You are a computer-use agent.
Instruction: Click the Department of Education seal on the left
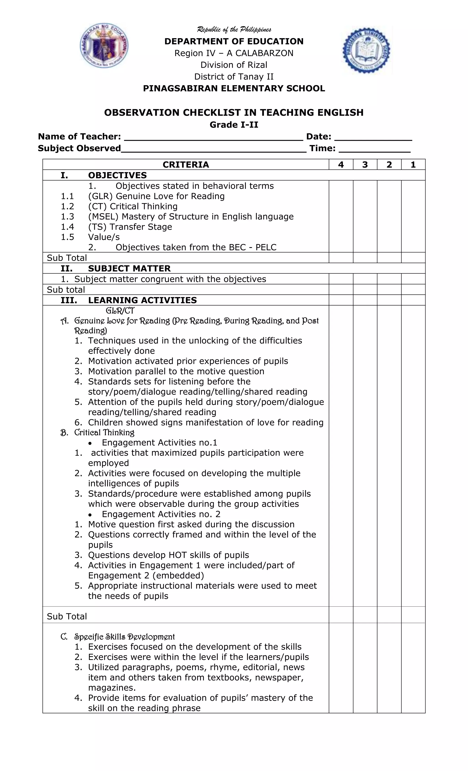[x=104, y=46]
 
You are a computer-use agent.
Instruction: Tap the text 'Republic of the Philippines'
[x=234, y=30]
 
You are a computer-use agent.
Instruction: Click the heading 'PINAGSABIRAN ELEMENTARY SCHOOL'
[x=234, y=88]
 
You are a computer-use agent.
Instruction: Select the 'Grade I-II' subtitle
[x=234, y=125]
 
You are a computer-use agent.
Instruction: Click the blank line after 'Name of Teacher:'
[x=213, y=138]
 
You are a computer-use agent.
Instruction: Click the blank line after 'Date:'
[x=373, y=138]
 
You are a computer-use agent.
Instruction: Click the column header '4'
[x=341, y=165]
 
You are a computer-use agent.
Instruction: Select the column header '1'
[x=413, y=165]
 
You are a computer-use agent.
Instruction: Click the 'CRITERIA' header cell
[x=186, y=165]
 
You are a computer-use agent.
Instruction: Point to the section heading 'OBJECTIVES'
[x=117, y=175]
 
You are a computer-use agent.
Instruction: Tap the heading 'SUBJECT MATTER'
[x=129, y=269]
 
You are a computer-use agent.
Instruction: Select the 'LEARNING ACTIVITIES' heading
[x=142, y=300]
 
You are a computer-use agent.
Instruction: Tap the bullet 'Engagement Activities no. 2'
[x=161, y=514]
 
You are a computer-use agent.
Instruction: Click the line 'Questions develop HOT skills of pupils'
[x=168, y=555]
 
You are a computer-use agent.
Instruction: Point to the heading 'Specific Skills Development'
[x=124, y=637]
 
